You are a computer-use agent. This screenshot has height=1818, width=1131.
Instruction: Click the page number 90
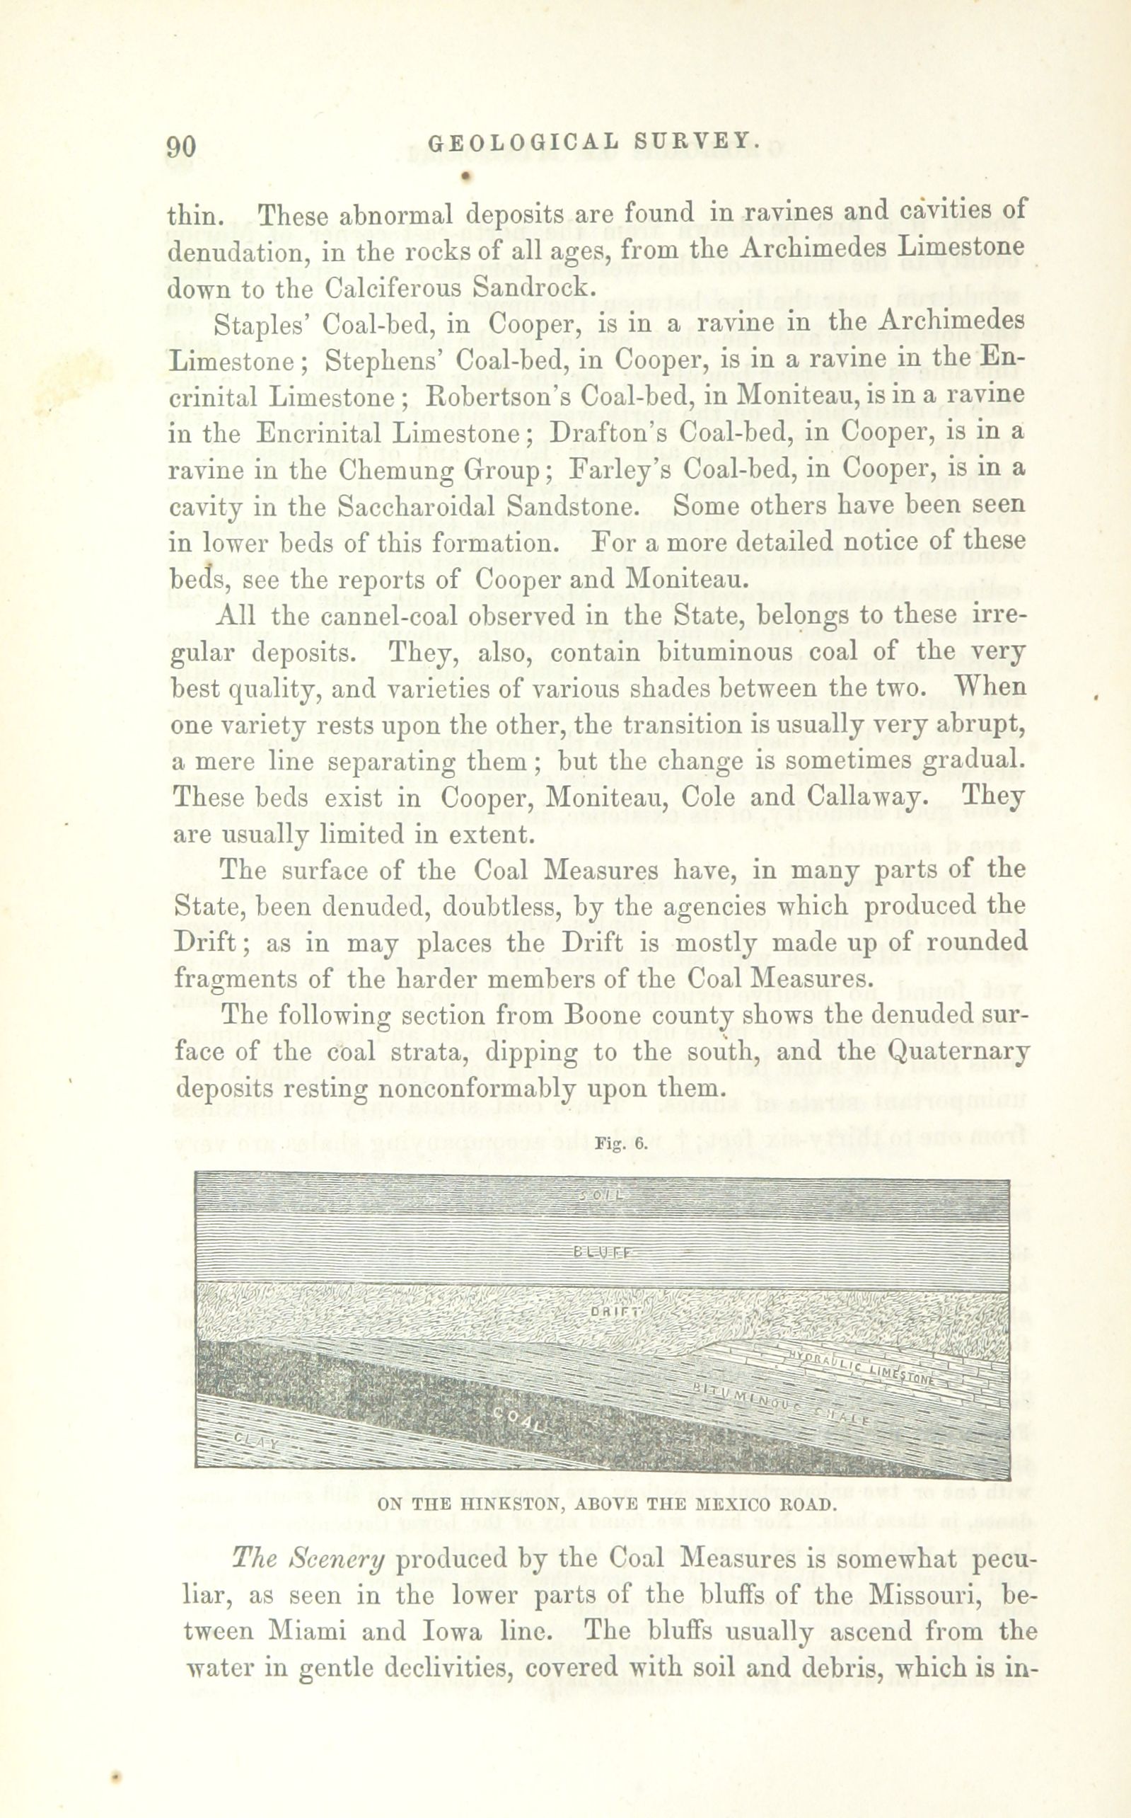click(x=181, y=145)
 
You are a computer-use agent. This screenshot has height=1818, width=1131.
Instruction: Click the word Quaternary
click(x=941, y=1050)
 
